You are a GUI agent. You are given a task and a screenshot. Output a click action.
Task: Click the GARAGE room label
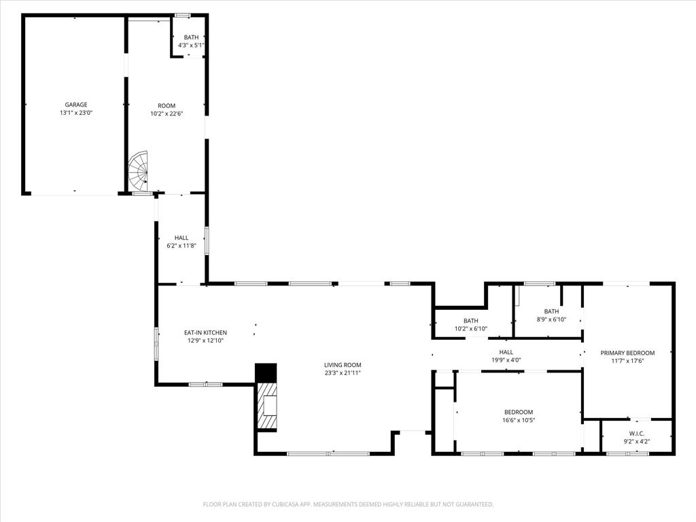click(x=76, y=105)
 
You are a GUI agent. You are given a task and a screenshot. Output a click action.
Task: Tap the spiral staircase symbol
click(x=139, y=171)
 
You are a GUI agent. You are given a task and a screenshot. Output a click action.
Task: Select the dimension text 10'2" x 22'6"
click(x=167, y=114)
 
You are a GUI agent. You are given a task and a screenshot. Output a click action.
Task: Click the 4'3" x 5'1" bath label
click(x=191, y=46)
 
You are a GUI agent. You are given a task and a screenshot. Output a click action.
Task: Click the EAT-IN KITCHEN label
click(x=205, y=332)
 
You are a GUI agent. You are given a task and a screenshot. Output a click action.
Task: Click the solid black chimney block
click(x=266, y=372)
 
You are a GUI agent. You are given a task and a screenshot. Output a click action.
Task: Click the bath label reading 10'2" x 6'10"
click(x=471, y=329)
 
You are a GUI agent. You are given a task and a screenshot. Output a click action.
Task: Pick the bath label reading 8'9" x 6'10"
click(x=551, y=319)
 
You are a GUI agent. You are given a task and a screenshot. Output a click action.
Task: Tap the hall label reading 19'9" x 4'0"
click(x=506, y=360)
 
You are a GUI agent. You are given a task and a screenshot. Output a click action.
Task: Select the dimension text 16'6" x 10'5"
click(x=519, y=420)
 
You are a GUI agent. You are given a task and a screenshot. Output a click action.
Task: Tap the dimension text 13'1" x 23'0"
click(x=76, y=113)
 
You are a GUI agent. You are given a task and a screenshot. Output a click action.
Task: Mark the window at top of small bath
click(x=183, y=15)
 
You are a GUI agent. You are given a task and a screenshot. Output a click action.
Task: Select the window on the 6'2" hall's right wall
click(x=207, y=241)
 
